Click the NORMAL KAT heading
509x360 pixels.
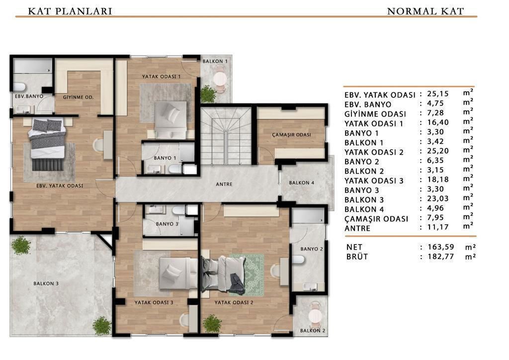coord(425,11)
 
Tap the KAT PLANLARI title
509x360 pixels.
coord(70,11)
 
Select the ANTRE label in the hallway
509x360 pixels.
coord(224,184)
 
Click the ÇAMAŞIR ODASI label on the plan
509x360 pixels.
coord(291,134)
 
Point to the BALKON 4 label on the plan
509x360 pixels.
coord(302,183)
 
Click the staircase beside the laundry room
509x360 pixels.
coord(226,136)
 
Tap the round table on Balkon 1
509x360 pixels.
coord(220,79)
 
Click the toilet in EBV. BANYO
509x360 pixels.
coord(19,87)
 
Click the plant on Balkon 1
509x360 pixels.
coord(208,94)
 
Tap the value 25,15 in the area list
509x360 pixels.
coord(438,94)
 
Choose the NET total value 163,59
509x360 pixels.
coord(441,247)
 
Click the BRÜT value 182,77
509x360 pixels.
coord(441,257)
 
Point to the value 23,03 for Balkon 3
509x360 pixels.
coord(438,199)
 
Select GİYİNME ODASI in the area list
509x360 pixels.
coord(375,114)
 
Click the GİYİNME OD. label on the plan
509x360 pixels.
coord(78,97)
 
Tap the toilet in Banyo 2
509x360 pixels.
coord(298,260)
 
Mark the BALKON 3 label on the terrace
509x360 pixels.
coord(46,283)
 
